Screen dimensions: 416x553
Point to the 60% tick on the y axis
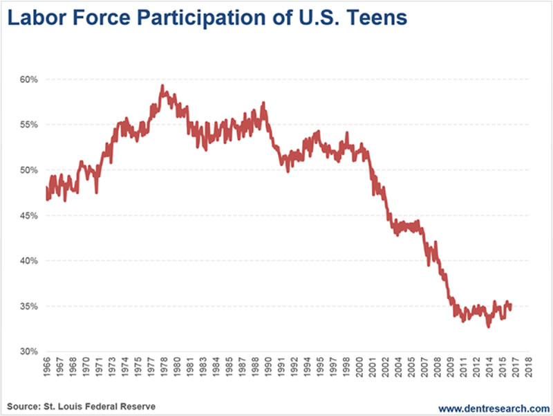click(x=28, y=79)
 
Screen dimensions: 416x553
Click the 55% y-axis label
click(x=28, y=125)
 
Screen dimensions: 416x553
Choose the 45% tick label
click(x=28, y=215)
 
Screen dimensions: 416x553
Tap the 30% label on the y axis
click(x=28, y=352)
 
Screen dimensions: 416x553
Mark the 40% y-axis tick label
click(x=28, y=261)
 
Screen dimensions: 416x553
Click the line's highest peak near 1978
click(x=162, y=87)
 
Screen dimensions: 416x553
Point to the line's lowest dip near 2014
click(x=488, y=326)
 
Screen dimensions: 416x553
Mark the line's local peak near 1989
click(x=263, y=104)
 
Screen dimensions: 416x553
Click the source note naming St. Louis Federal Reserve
click(x=80, y=405)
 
